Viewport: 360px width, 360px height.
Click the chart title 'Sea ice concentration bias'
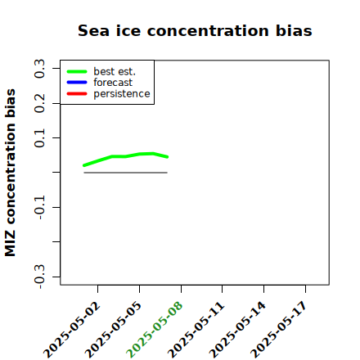click(x=195, y=30)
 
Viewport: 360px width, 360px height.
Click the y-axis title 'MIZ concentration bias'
click(x=11, y=173)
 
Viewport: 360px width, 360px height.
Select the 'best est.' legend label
click(x=115, y=71)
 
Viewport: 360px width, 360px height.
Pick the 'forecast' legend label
click(x=113, y=83)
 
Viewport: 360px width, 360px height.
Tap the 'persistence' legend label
click(x=122, y=94)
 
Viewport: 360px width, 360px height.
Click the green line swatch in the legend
click(x=77, y=71)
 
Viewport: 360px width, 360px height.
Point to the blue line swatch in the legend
click(x=77, y=83)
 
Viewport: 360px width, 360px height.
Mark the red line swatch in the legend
click(x=77, y=94)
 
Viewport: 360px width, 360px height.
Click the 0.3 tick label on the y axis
click(x=40, y=69)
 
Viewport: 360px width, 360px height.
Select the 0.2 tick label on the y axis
click(x=40, y=103)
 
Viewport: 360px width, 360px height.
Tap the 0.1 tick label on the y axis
click(x=40, y=138)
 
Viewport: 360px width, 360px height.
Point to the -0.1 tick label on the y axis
click(x=40, y=208)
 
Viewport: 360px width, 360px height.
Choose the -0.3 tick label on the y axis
click(x=40, y=277)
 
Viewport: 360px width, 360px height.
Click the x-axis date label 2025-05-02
click(x=72, y=330)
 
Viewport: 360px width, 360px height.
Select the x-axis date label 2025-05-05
click(x=114, y=330)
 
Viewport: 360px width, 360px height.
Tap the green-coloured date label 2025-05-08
click(x=155, y=330)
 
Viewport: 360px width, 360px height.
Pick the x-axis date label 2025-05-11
click(x=196, y=330)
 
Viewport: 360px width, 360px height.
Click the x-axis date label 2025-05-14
click(x=237, y=330)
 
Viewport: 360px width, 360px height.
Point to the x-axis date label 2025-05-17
click(x=279, y=330)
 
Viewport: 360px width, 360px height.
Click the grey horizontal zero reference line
click(x=125, y=173)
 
